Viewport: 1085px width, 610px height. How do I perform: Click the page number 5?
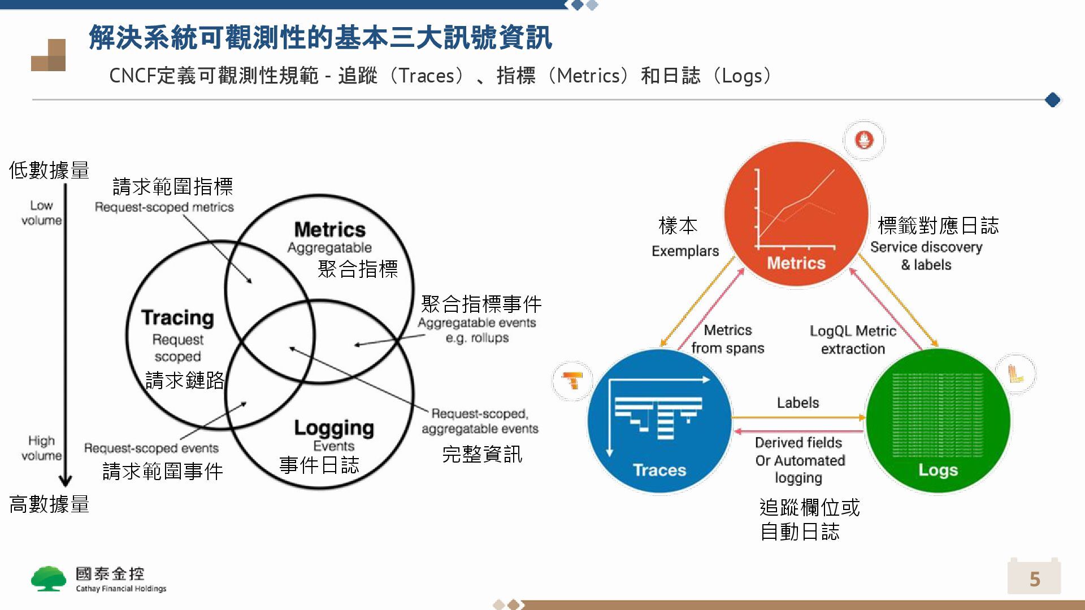(1035, 579)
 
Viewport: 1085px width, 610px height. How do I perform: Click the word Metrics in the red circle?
(796, 263)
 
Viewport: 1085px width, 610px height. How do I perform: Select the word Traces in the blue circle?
(659, 470)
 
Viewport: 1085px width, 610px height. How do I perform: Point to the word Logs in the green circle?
(938, 470)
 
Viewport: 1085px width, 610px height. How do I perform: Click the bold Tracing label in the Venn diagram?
(177, 318)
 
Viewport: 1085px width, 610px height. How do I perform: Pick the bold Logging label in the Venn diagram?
(333, 428)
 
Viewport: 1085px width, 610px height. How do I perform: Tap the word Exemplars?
(685, 251)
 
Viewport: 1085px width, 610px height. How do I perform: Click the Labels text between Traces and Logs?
(797, 403)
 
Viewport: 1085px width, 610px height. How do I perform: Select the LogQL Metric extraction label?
(853, 339)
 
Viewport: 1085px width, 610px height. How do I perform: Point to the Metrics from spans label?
(728, 339)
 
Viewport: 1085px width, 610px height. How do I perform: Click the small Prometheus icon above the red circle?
(864, 140)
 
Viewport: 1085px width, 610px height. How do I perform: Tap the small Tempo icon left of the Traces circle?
(573, 381)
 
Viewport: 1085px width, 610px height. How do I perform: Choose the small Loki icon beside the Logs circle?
(1015, 374)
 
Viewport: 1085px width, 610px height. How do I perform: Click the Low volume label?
(41, 213)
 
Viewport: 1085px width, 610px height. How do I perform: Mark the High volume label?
(41, 448)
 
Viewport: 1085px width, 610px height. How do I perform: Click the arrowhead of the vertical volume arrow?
(66, 481)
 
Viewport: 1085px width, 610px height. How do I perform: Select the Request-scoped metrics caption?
(164, 207)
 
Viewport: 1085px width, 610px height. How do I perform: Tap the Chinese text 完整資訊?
(481, 454)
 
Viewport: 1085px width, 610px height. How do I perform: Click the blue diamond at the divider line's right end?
(1052, 100)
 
